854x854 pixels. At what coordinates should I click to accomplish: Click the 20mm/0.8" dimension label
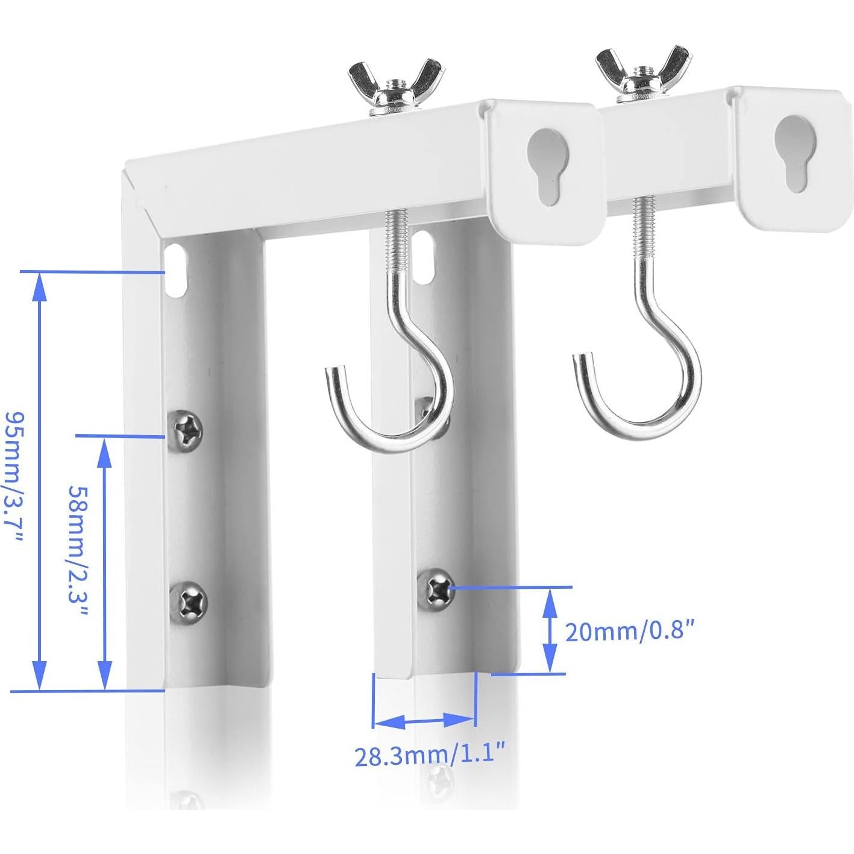631,632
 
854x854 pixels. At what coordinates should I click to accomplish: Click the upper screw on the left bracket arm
186,429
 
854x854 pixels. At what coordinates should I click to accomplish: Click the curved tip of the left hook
330,377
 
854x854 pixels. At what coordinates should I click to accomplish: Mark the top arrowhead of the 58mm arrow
105,449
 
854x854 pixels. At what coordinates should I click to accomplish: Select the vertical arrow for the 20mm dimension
549,630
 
